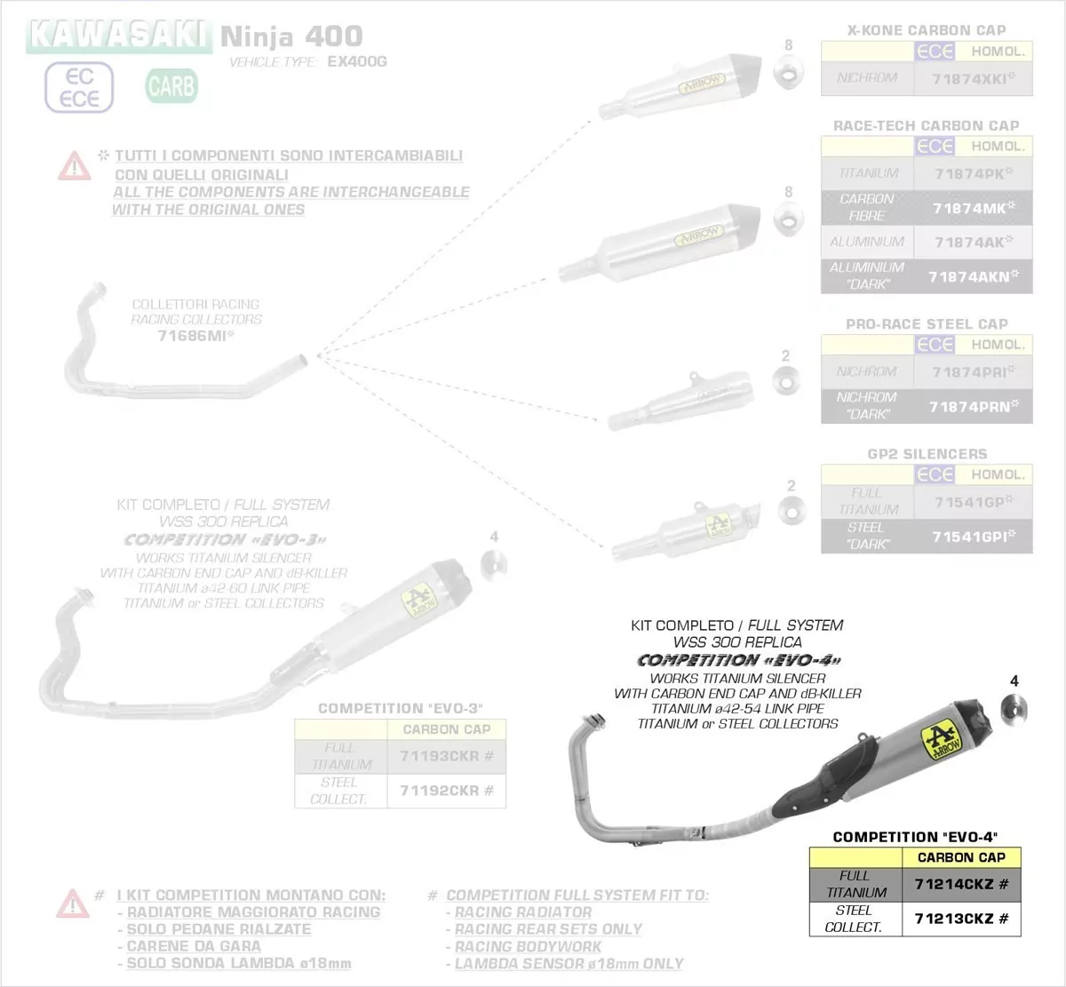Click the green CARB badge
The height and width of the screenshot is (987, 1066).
click(x=171, y=86)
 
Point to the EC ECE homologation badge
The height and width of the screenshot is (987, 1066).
click(x=79, y=87)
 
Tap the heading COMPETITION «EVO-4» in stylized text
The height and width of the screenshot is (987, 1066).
click(x=738, y=660)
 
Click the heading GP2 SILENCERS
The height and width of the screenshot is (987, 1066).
click(x=927, y=454)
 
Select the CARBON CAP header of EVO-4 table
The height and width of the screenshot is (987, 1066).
click(x=961, y=857)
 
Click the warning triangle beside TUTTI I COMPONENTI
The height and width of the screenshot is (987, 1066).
click(x=74, y=165)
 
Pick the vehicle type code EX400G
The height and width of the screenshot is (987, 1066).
click(x=357, y=62)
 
